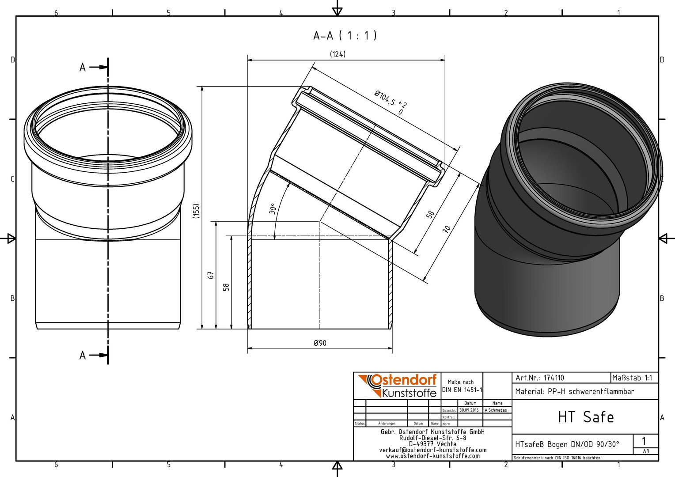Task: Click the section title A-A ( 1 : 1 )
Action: (345, 36)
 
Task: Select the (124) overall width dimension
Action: (337, 54)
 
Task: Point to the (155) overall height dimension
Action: (196, 211)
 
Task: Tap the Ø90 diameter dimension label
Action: (320, 343)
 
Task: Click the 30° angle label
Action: (273, 209)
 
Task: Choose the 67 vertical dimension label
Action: (211, 275)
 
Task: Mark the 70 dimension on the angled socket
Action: (447, 229)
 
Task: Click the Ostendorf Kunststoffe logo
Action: (397, 386)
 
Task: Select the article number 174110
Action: (554, 378)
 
